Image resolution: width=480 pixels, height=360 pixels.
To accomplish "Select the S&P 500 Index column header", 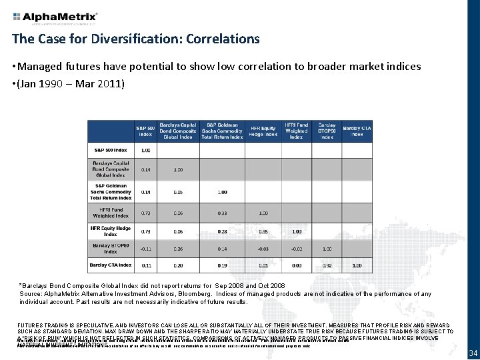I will tap(145, 131).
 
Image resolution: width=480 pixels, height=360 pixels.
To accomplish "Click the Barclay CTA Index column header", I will tap(357, 131).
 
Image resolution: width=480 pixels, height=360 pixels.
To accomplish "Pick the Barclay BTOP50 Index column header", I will tap(327, 131).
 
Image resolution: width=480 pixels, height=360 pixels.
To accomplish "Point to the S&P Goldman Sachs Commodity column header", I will tap(223, 131).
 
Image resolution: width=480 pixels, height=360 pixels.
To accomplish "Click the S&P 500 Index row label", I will tap(111, 150).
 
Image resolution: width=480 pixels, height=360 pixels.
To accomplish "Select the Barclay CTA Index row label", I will tap(111, 265).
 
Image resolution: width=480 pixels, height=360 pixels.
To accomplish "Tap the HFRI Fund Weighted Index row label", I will tap(111, 213).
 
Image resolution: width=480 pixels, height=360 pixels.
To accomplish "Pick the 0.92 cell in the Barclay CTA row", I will tap(327, 265).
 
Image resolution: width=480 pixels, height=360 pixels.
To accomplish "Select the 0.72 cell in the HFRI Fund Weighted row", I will tap(145, 213).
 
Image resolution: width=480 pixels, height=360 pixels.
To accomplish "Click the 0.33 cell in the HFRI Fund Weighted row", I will tap(223, 213).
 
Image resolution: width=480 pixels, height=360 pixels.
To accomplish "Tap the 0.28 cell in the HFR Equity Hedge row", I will tap(223, 231).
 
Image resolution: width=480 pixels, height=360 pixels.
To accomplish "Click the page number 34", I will tap(472, 353).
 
